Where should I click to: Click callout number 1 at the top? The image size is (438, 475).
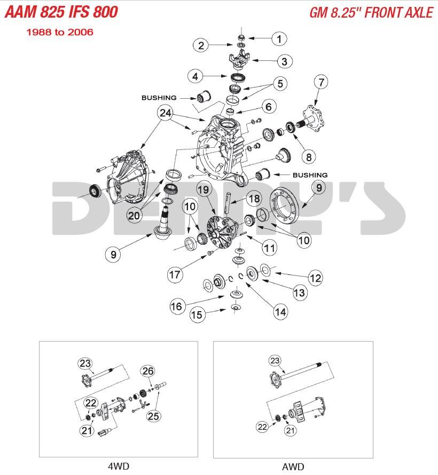(x=278, y=38)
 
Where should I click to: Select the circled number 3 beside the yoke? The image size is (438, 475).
(x=284, y=62)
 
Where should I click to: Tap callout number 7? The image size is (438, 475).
(x=320, y=83)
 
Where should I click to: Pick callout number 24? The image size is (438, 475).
(x=166, y=113)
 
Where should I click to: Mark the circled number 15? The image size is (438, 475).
(x=197, y=315)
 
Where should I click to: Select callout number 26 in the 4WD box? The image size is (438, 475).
(x=148, y=371)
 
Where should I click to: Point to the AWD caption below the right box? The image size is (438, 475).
(x=293, y=467)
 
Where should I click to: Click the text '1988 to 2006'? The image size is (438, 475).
(x=60, y=32)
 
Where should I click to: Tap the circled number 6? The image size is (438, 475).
(x=268, y=107)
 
